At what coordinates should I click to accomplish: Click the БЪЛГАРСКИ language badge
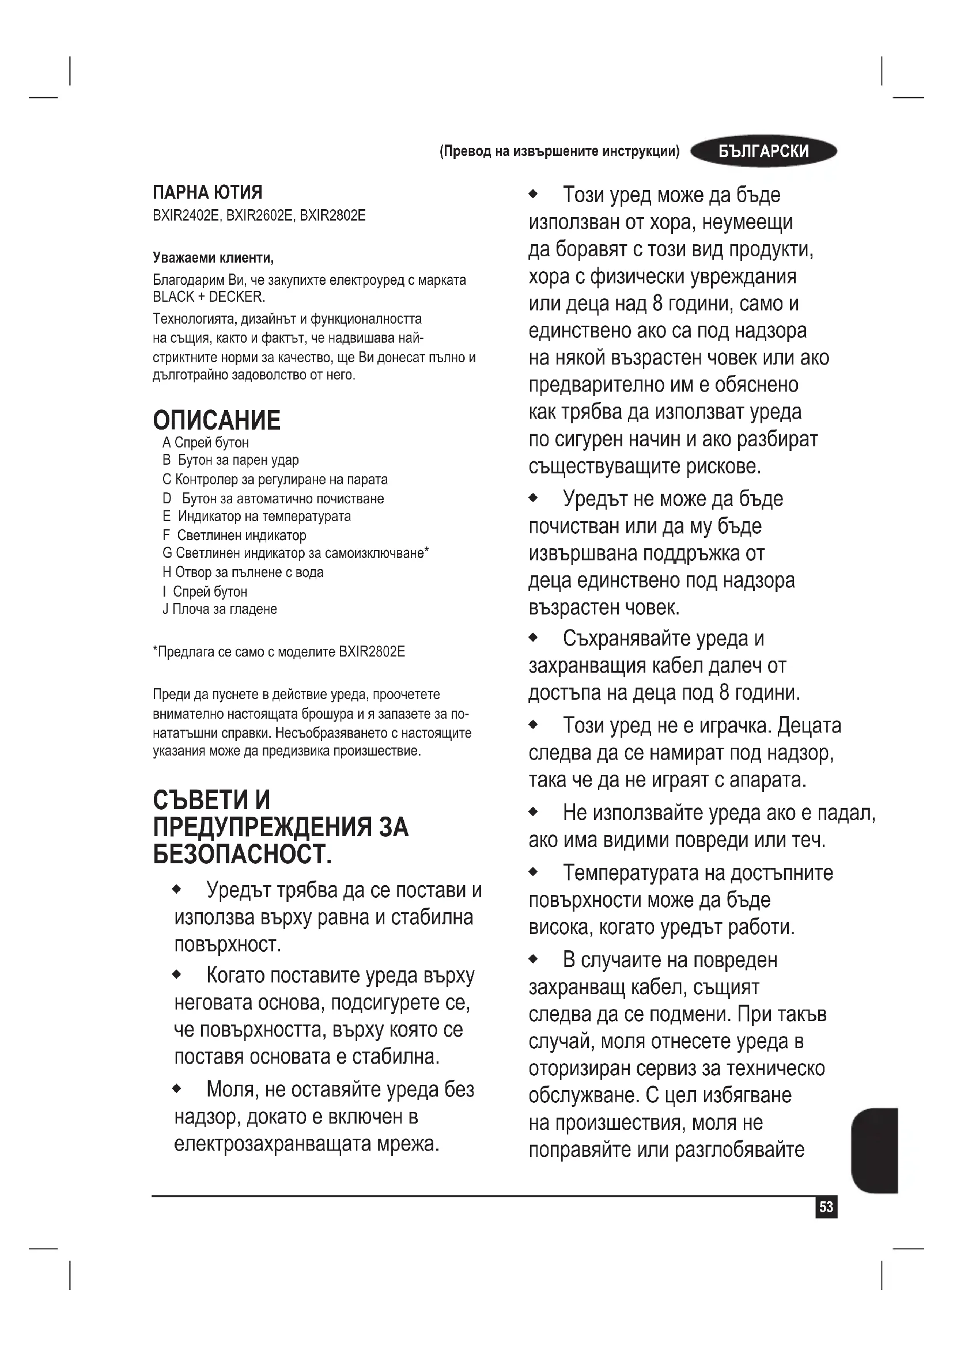coord(763,151)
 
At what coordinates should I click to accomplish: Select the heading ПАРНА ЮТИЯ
coord(207,192)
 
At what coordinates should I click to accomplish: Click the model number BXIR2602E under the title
coord(259,215)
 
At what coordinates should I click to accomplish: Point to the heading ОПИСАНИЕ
coord(217,420)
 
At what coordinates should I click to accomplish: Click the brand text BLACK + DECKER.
coord(209,297)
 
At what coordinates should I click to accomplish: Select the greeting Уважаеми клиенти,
coord(213,257)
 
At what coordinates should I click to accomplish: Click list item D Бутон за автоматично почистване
coord(274,499)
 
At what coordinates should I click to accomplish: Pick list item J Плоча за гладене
coord(220,609)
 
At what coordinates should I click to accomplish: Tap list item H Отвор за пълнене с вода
coord(243,572)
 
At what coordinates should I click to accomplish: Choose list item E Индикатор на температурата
coord(256,516)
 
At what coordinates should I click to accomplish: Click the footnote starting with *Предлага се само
coord(279,652)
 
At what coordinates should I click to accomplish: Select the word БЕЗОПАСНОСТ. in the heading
coord(243,854)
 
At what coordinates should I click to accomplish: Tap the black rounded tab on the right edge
coord(874,1151)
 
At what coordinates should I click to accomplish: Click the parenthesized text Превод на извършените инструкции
coord(559,151)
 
